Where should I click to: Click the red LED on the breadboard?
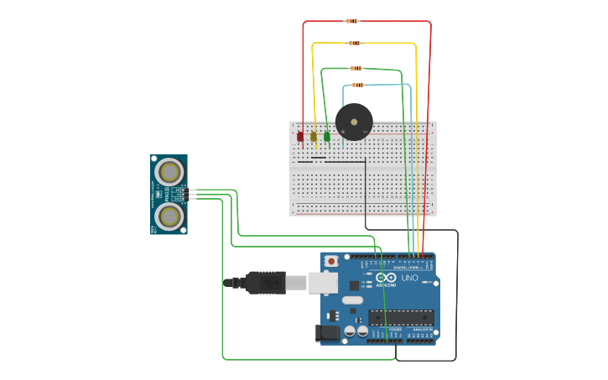coord(300,136)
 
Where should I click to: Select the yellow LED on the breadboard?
coord(314,136)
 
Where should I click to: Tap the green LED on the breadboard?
coord(327,136)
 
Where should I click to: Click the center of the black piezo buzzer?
coord(354,122)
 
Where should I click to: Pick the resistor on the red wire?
coord(352,21)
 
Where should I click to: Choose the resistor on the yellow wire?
coord(355,43)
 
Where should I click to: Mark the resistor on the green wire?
coord(356,68)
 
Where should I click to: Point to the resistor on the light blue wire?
coord(358,85)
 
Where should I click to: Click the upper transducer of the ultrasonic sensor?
coord(170,172)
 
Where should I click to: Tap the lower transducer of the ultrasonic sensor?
coord(170,216)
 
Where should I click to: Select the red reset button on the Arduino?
coord(331,261)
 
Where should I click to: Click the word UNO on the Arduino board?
coord(409,278)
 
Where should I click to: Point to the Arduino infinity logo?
coord(386,278)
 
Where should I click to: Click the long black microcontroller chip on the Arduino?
coord(401,317)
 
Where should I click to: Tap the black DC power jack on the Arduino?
coord(329,333)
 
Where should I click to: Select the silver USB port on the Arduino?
coord(323,283)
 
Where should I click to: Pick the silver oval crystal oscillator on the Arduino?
coord(352,299)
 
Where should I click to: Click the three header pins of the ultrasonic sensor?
coord(192,194)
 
